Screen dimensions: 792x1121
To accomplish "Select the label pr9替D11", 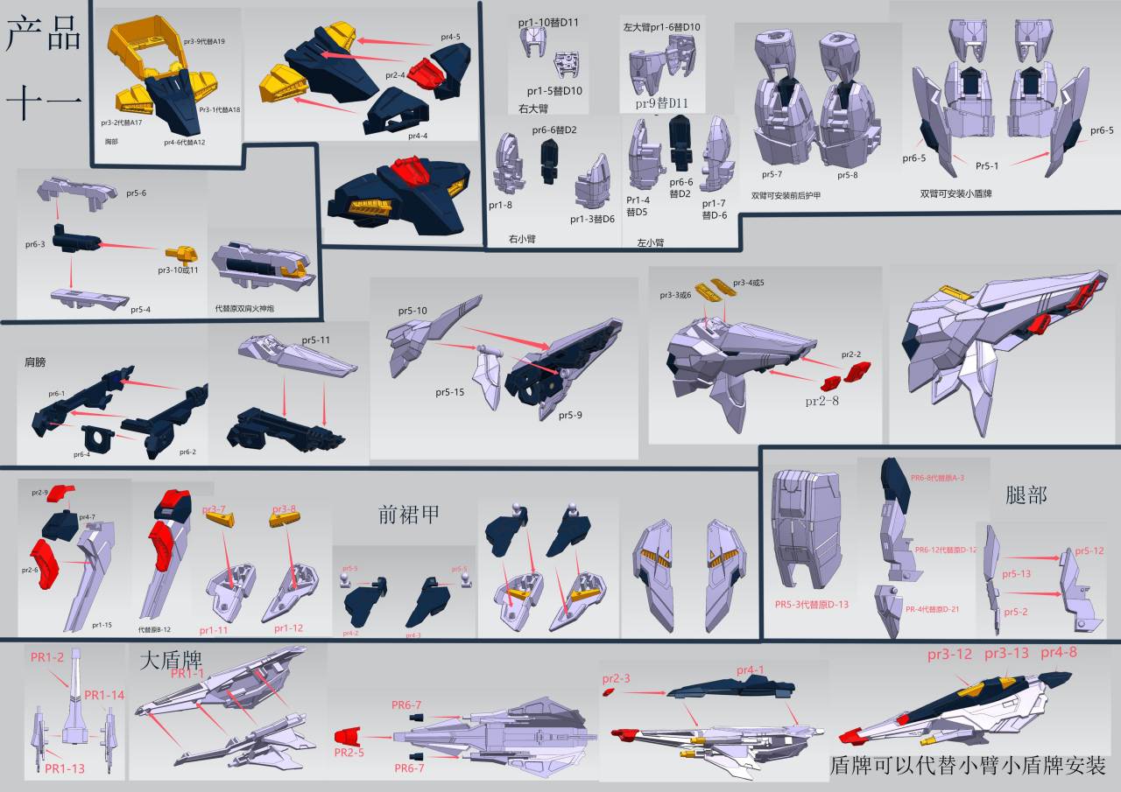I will pyautogui.click(x=663, y=103).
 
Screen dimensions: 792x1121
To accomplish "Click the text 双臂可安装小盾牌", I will pyautogui.click(x=962, y=194).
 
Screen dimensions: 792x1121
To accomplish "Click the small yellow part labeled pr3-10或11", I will pyautogui.click(x=183, y=256).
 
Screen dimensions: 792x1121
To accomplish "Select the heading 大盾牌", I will pyautogui.click(x=166, y=658).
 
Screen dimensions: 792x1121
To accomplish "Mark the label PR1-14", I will pyautogui.click(x=104, y=695).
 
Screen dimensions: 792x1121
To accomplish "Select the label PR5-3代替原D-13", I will pyautogui.click(x=812, y=604).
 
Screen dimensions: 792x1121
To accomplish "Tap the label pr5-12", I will pyautogui.click(x=1089, y=550).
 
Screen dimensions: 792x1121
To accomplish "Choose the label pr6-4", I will pyautogui.click(x=81, y=454).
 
